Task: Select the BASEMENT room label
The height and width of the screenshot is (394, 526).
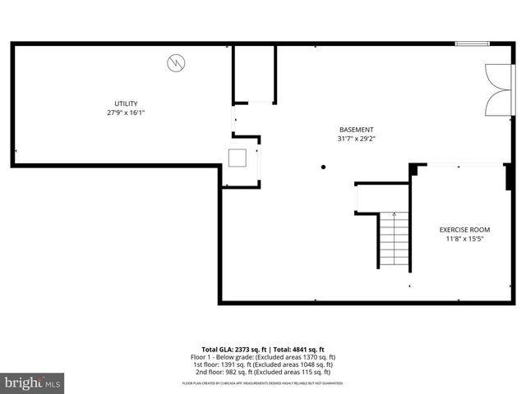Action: click(x=356, y=130)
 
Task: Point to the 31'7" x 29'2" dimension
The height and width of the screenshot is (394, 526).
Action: click(x=356, y=140)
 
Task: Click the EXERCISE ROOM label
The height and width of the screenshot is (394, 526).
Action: click(x=464, y=230)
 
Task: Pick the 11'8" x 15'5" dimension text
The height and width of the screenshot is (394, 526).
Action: click(x=464, y=240)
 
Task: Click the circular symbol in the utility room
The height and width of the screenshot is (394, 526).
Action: click(x=175, y=62)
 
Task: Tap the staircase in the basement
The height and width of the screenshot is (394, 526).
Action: click(x=394, y=239)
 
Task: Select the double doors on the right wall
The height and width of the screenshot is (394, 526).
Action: click(x=497, y=90)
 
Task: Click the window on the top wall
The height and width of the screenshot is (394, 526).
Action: click(x=473, y=44)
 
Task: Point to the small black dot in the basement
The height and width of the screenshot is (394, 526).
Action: click(x=324, y=167)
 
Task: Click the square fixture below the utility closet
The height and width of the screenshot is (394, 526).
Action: click(x=239, y=158)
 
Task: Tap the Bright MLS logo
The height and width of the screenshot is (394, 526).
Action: click(x=33, y=383)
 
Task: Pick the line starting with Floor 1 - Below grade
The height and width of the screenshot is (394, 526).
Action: click(x=263, y=357)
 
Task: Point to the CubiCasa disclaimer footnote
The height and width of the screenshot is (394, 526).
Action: click(x=263, y=383)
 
